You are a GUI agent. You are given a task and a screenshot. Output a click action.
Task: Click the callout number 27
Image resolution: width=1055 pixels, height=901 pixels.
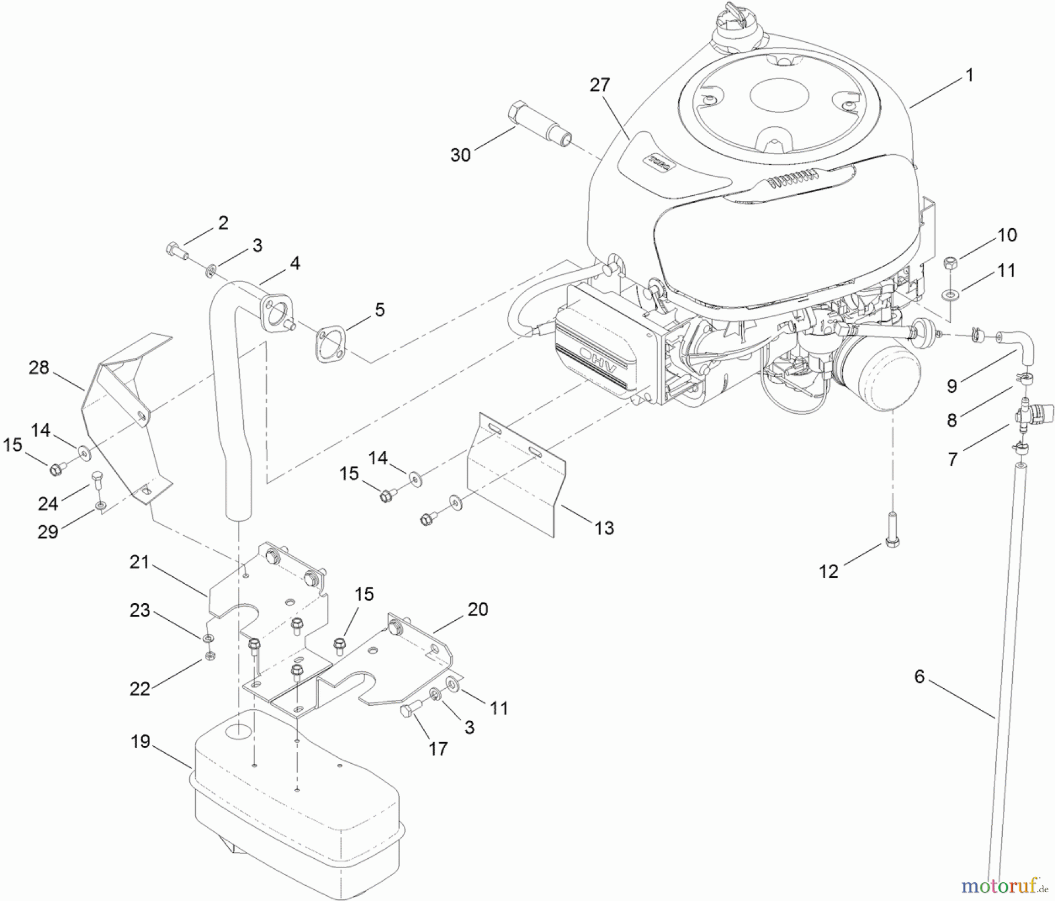(x=600, y=85)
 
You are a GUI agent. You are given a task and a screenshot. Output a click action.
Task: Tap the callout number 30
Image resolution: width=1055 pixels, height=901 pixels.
(x=461, y=155)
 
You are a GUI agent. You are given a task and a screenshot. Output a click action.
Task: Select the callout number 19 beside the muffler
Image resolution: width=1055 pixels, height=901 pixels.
(x=140, y=742)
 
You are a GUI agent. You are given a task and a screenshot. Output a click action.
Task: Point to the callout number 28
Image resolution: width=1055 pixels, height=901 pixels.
(x=39, y=368)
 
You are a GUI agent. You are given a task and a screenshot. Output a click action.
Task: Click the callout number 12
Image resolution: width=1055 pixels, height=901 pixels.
(x=828, y=571)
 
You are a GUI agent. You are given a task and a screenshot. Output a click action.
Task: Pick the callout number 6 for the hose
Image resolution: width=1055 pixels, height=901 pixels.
(x=919, y=676)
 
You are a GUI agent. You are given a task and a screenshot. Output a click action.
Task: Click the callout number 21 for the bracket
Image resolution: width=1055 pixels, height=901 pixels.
(x=139, y=562)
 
